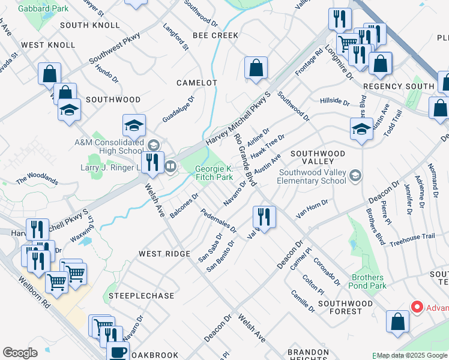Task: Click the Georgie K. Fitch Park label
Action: pyautogui.click(x=213, y=173)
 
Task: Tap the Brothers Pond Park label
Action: pyautogui.click(x=368, y=281)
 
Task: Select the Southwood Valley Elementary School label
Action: pyautogui.click(x=312, y=176)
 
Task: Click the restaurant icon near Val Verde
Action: pyautogui.click(x=264, y=216)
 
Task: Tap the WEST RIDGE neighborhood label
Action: pyautogui.click(x=164, y=254)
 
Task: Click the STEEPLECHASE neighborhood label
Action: pyautogui.click(x=142, y=296)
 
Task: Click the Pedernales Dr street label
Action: pyautogui.click(x=218, y=221)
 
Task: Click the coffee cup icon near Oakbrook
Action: pyautogui.click(x=118, y=352)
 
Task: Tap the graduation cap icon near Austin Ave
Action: pyautogui.click(x=361, y=128)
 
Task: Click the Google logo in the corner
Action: pyautogui.click(x=20, y=353)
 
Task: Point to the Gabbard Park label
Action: pyautogui.click(x=35, y=8)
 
